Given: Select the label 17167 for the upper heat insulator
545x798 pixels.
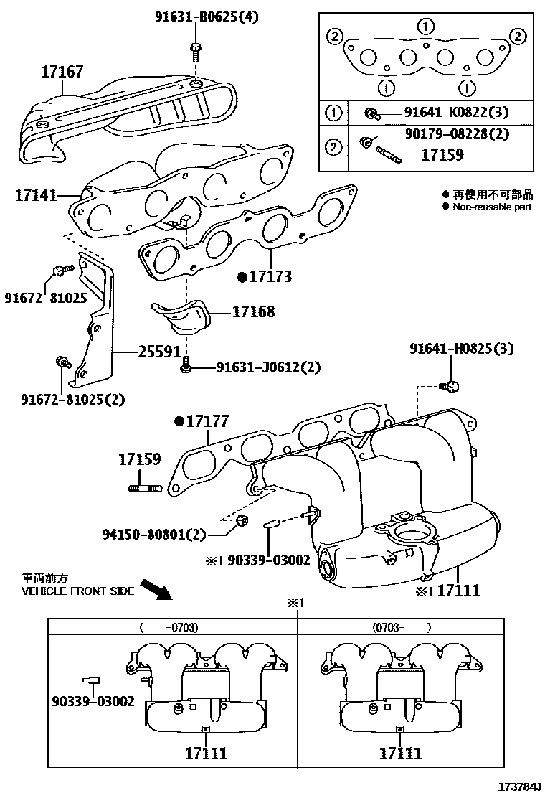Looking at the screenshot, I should click(62, 71).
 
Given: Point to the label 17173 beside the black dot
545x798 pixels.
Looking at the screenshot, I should click(270, 276).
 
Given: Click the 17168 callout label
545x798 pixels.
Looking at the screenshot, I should click(253, 312).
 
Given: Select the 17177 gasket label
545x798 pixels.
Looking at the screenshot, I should click(207, 422).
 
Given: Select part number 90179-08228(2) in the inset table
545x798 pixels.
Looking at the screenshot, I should click(455, 134).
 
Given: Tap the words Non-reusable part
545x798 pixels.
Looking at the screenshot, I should click(491, 207).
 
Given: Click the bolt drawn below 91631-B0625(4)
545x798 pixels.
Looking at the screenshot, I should click(196, 52).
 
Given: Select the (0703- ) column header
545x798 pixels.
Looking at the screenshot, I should click(401, 626).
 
